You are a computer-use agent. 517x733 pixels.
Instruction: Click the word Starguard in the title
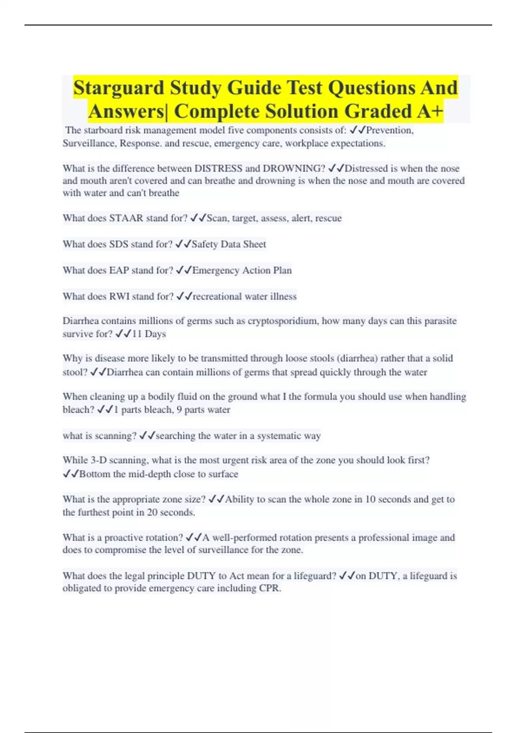click(118, 88)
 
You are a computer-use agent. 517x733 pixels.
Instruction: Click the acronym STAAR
click(126, 218)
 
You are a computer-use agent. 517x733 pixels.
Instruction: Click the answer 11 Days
click(149, 334)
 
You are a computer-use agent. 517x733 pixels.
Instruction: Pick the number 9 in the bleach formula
click(179, 410)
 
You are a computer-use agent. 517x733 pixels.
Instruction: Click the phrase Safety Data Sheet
click(229, 244)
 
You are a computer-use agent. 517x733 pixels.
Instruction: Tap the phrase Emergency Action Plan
click(242, 270)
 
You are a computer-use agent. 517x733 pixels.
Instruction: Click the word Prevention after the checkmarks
click(389, 130)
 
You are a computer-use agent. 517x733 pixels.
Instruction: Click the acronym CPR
click(270, 588)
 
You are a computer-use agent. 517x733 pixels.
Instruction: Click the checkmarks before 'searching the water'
click(147, 436)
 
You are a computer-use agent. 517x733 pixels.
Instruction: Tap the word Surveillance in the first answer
click(89, 143)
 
